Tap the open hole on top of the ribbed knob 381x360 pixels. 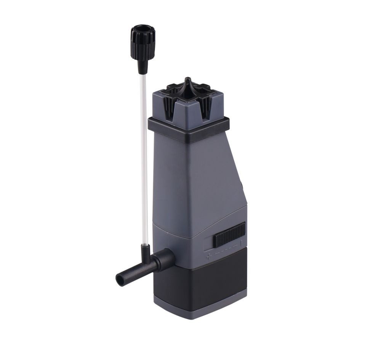140,29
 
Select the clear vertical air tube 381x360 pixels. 144,152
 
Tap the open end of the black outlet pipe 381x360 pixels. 119,280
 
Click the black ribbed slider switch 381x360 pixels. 229,236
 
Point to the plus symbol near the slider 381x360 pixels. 208,256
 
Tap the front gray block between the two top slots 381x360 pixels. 187,108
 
